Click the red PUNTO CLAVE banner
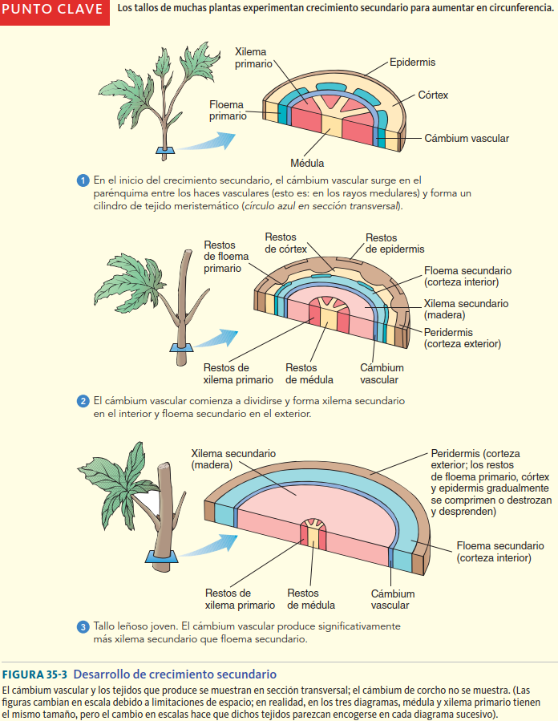coord(55,11)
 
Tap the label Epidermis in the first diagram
coord(412,62)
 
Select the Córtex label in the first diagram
coord(433,95)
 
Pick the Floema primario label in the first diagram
coord(228,111)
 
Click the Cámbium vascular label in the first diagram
coord(467,138)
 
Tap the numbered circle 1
coord(83,180)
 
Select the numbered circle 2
coord(83,400)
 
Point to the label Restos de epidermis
coord(394,244)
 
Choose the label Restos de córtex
coord(281,243)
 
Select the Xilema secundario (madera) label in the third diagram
coord(233,459)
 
